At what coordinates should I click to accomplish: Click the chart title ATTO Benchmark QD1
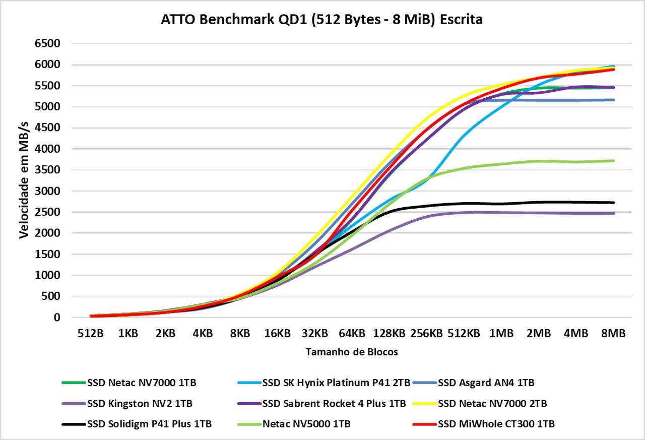(321, 20)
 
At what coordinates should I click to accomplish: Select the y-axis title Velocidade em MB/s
(24, 180)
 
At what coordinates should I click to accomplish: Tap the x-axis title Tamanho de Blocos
(352, 352)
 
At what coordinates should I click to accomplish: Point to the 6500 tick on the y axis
(47, 44)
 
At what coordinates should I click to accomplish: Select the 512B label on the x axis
(90, 334)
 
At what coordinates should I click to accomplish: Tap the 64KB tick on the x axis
(352, 334)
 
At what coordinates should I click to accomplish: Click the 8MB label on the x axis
(613, 334)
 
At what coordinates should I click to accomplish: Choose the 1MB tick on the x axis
(501, 334)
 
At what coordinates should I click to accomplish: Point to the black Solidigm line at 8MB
(613, 203)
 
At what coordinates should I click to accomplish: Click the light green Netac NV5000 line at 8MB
(613, 161)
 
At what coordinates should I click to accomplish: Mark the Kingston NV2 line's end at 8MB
(613, 213)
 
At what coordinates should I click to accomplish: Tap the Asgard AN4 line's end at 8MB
(613, 100)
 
